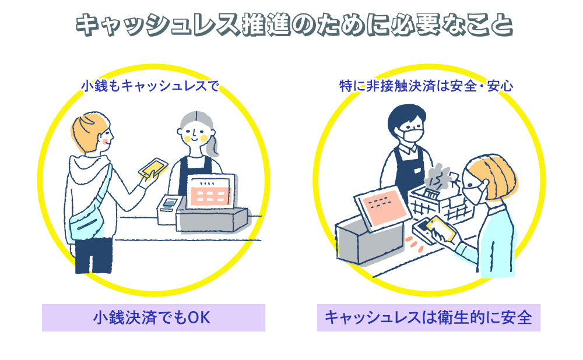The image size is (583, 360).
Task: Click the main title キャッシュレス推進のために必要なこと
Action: pyautogui.click(x=291, y=26)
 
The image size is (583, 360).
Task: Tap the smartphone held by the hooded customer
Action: pyautogui.click(x=153, y=168)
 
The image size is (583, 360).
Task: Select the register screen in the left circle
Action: pyautogui.click(x=212, y=190)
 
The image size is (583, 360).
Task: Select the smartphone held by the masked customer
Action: pyautogui.click(x=441, y=229)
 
